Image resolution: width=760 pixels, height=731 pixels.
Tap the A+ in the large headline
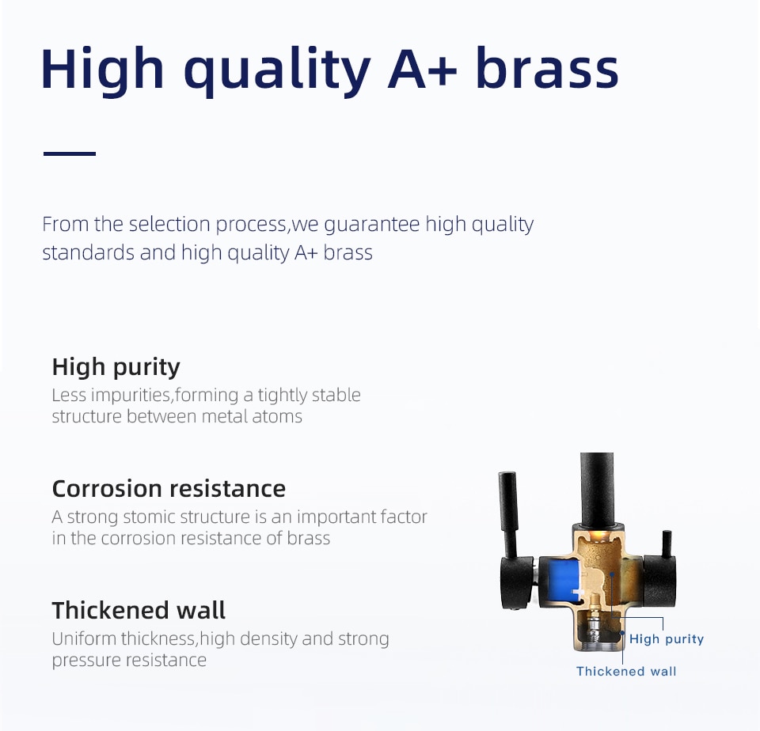coord(422,70)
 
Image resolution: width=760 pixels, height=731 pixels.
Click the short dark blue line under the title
coord(70,153)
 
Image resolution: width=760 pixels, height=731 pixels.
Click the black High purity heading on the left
coord(116,367)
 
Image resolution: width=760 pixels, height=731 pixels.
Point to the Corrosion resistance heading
coord(169,488)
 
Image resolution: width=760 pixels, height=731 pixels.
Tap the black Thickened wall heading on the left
coord(139,610)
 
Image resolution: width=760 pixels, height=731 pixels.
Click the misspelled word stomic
coord(150,517)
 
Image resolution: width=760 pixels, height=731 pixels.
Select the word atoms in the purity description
coord(277,417)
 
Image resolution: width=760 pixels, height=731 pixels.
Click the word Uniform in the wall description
coord(85,638)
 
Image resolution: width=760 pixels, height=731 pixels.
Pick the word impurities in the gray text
coord(131,396)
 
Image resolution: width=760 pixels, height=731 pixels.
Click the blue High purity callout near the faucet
coord(666,639)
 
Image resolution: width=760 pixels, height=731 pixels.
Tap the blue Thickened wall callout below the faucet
coord(626,672)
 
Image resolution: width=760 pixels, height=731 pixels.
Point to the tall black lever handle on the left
coord(508,514)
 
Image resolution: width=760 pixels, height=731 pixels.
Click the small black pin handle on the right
coord(667,544)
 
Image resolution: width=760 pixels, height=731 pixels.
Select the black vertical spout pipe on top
coord(597,490)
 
